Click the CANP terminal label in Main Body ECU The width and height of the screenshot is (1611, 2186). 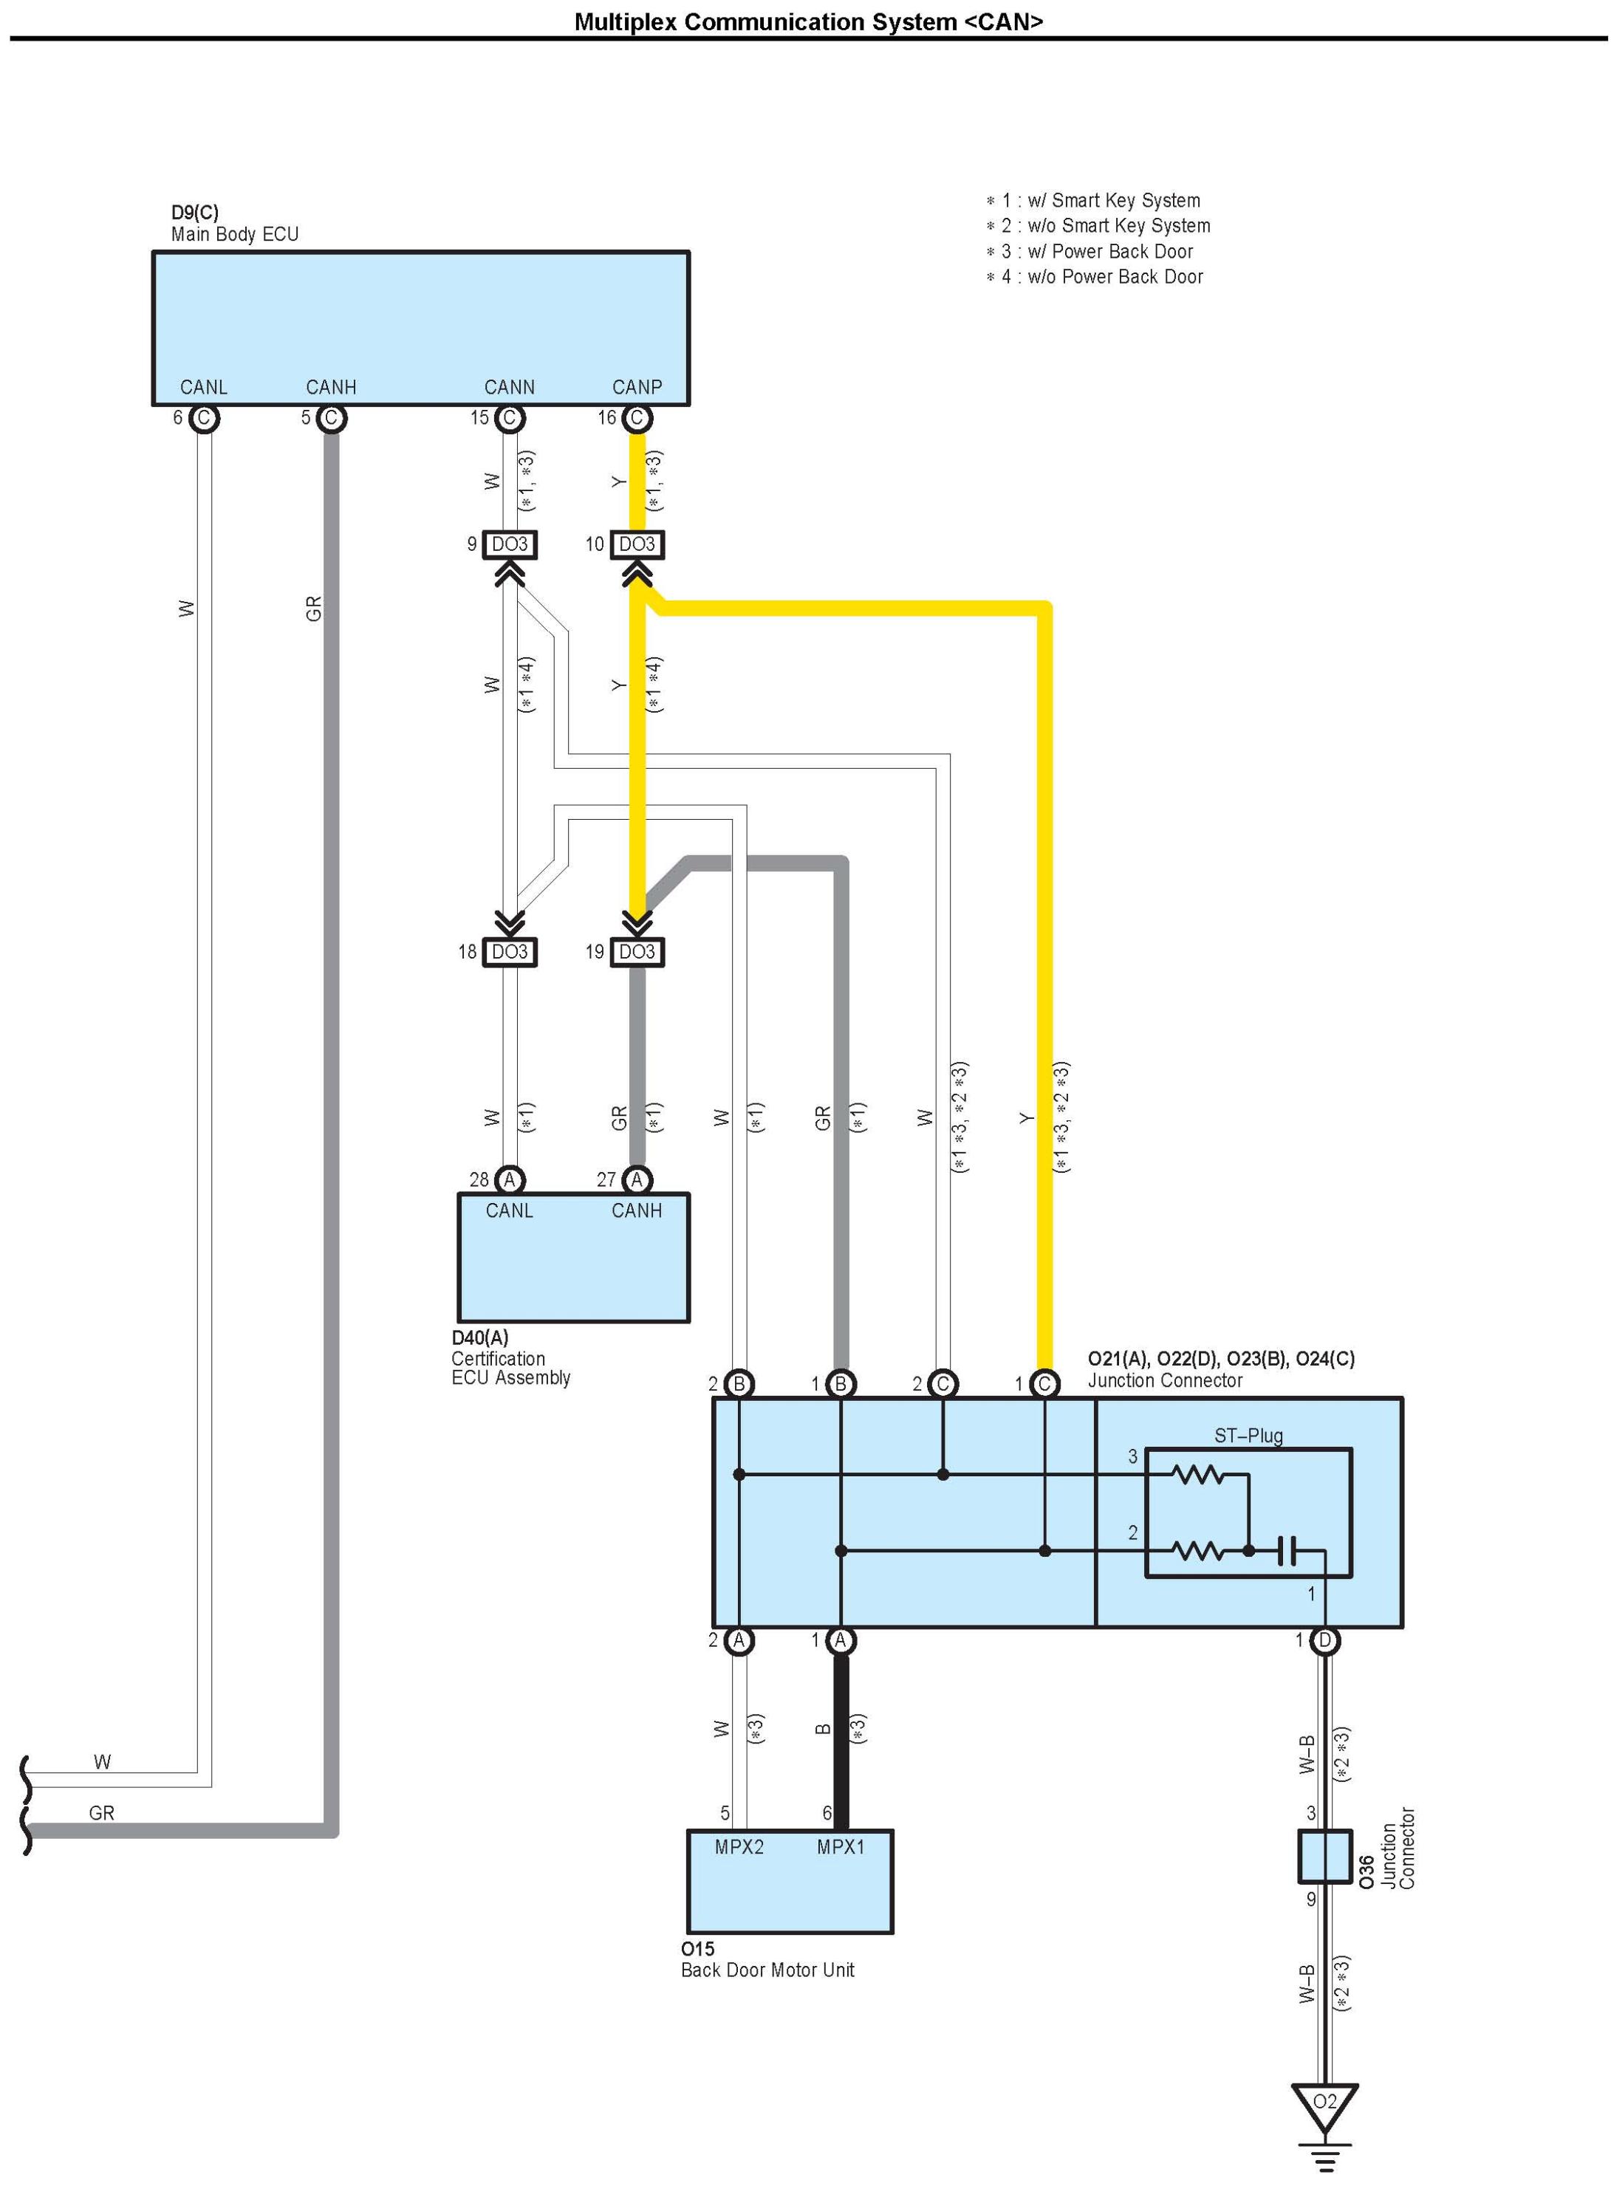point(637,387)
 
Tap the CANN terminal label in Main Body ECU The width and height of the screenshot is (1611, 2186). point(509,387)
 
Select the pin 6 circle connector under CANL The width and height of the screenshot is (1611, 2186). point(204,418)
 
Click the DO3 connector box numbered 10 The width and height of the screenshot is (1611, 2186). point(637,544)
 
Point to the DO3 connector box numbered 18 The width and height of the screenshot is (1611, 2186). point(509,952)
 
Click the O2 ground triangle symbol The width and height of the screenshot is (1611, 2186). point(1324,2104)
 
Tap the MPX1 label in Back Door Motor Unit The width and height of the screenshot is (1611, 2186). point(841,1847)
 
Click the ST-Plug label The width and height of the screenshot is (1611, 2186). point(1248,1435)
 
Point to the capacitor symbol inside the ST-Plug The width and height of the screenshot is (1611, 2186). point(1287,1550)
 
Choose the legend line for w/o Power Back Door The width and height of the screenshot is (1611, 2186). point(1095,277)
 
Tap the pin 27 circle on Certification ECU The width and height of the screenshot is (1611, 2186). point(637,1180)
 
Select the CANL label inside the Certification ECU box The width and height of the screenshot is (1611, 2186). point(509,1211)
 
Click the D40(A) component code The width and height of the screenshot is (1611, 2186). point(480,1337)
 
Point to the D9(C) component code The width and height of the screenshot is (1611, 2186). point(195,213)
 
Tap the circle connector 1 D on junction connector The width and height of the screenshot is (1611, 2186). point(1324,1641)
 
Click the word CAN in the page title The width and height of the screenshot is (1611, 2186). point(1004,21)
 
